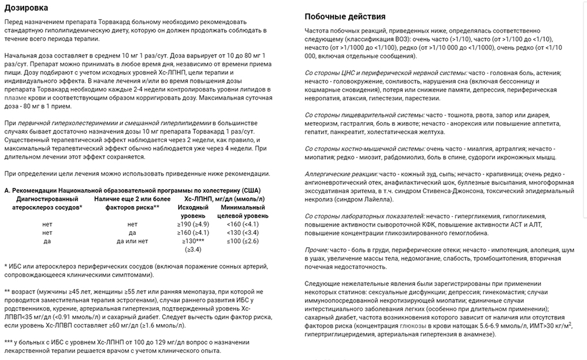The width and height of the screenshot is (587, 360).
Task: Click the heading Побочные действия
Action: point(347,16)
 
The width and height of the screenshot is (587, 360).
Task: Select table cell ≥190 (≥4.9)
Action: point(193,224)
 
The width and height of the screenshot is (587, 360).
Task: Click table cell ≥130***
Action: point(193,241)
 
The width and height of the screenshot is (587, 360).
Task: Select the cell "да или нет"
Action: point(132,241)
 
